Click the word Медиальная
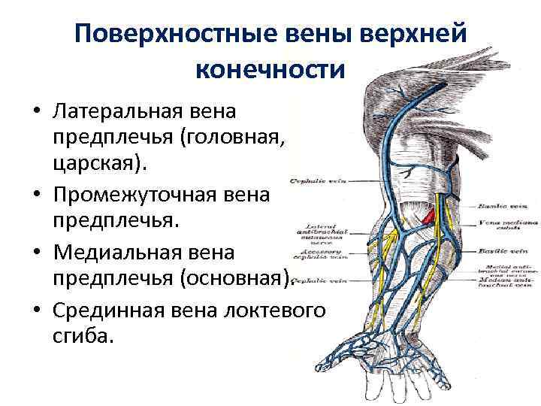(123, 252)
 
